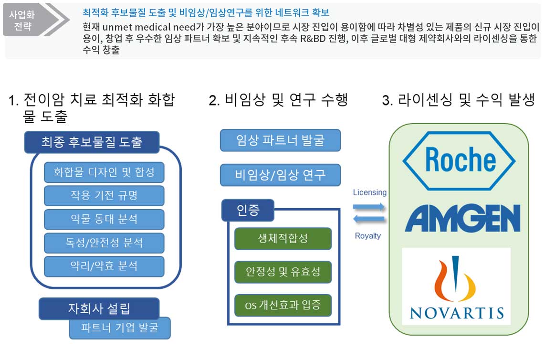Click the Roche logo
(459, 160)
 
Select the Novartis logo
(457, 286)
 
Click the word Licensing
(370, 192)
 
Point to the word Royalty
(368, 236)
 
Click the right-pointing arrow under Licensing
(368, 207)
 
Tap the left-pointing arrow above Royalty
(368, 219)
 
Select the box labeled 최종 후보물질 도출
(92, 142)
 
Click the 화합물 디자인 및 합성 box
(104, 172)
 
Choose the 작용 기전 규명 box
(104, 195)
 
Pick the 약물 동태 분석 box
(104, 219)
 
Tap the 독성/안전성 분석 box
(104, 243)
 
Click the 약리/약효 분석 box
(104, 266)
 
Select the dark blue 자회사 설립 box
(99, 308)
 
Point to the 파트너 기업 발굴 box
(120, 328)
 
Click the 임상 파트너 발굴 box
(280, 140)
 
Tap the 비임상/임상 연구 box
(280, 175)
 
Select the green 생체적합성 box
(283, 238)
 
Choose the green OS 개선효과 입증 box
(283, 305)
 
